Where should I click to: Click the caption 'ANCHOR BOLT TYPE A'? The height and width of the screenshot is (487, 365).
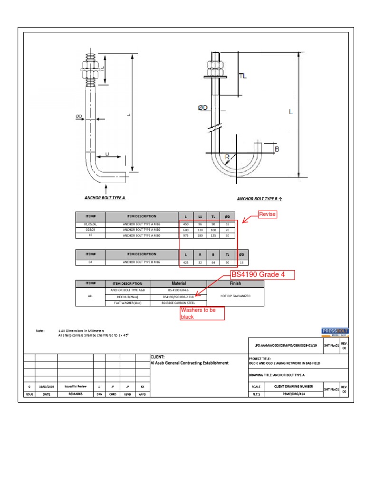click(x=105, y=197)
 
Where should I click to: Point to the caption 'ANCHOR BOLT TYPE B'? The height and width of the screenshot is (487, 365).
click(x=257, y=199)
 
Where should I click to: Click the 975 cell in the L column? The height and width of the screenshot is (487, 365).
click(x=186, y=235)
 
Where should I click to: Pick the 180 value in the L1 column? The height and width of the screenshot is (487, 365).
click(x=200, y=235)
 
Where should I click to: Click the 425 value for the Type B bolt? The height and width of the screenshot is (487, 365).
click(x=186, y=262)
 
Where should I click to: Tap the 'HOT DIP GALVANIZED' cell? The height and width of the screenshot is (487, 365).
click(x=236, y=296)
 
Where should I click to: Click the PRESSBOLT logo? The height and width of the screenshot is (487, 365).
click(x=335, y=331)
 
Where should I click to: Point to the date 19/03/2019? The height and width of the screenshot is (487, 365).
click(x=47, y=388)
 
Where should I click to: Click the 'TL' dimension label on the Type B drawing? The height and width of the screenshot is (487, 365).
click(x=242, y=76)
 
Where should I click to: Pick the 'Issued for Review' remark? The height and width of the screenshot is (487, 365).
click(x=75, y=388)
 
